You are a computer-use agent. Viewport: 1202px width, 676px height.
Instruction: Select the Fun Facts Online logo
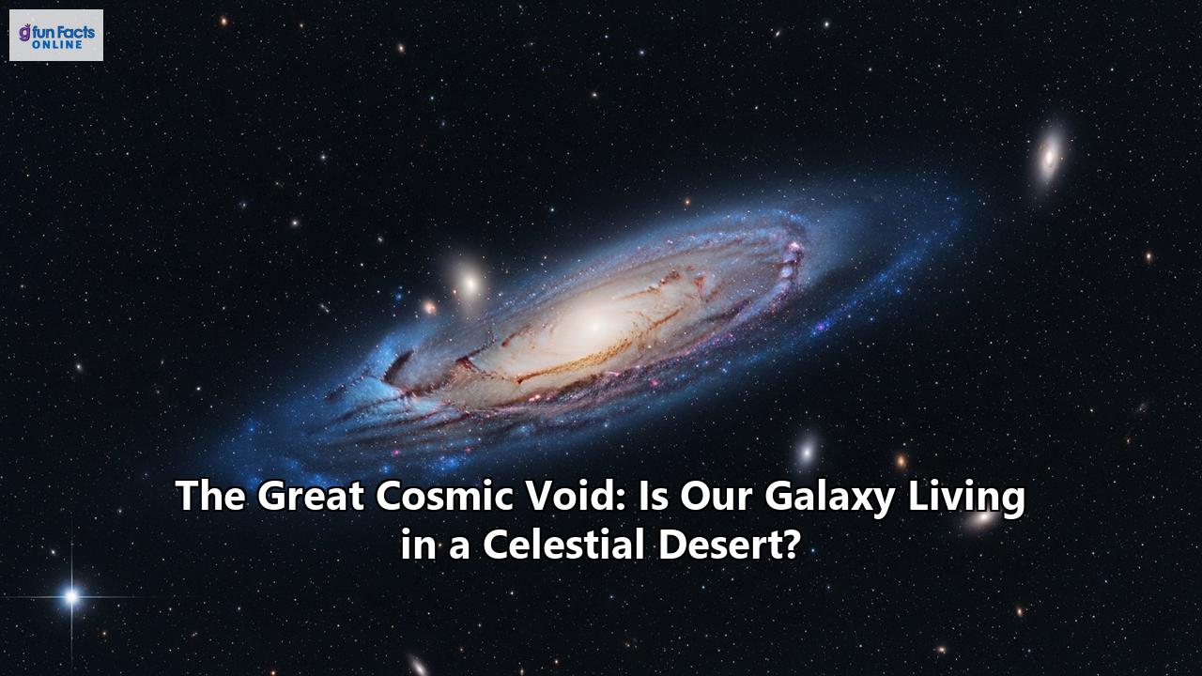56,36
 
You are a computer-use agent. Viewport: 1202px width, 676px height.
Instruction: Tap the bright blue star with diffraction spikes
70,595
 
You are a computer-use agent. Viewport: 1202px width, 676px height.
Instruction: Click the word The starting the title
210,497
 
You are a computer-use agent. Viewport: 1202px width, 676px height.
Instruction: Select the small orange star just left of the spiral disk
429,307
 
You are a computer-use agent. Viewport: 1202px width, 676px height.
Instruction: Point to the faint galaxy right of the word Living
984,518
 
